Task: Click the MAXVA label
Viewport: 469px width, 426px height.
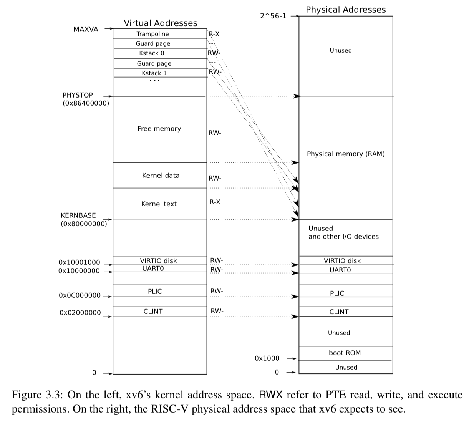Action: (x=86, y=29)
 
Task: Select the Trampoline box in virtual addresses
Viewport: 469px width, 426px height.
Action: (x=152, y=34)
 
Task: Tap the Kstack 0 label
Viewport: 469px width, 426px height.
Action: (x=151, y=53)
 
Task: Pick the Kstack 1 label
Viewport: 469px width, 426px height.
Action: (x=154, y=73)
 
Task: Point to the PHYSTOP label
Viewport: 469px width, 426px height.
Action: (x=78, y=95)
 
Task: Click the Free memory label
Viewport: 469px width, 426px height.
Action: (x=159, y=129)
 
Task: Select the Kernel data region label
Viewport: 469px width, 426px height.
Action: (x=161, y=176)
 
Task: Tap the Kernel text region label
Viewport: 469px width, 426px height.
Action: (x=159, y=204)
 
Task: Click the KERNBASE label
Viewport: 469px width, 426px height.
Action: (x=78, y=215)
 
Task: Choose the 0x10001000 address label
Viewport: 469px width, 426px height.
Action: (x=79, y=262)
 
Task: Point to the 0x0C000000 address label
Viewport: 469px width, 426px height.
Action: (x=80, y=295)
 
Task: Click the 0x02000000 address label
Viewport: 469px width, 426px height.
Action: (x=80, y=313)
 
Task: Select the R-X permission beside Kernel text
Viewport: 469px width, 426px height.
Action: (x=215, y=202)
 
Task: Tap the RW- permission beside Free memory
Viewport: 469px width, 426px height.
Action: (x=215, y=133)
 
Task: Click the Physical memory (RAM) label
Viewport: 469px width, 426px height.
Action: (x=345, y=154)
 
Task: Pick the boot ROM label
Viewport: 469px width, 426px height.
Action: (x=345, y=353)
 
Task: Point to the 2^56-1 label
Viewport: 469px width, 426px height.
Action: (x=273, y=16)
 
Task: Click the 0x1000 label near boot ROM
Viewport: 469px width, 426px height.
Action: (x=267, y=358)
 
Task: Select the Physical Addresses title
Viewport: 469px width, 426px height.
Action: (x=346, y=10)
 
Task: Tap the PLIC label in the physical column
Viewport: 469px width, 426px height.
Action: (x=337, y=293)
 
